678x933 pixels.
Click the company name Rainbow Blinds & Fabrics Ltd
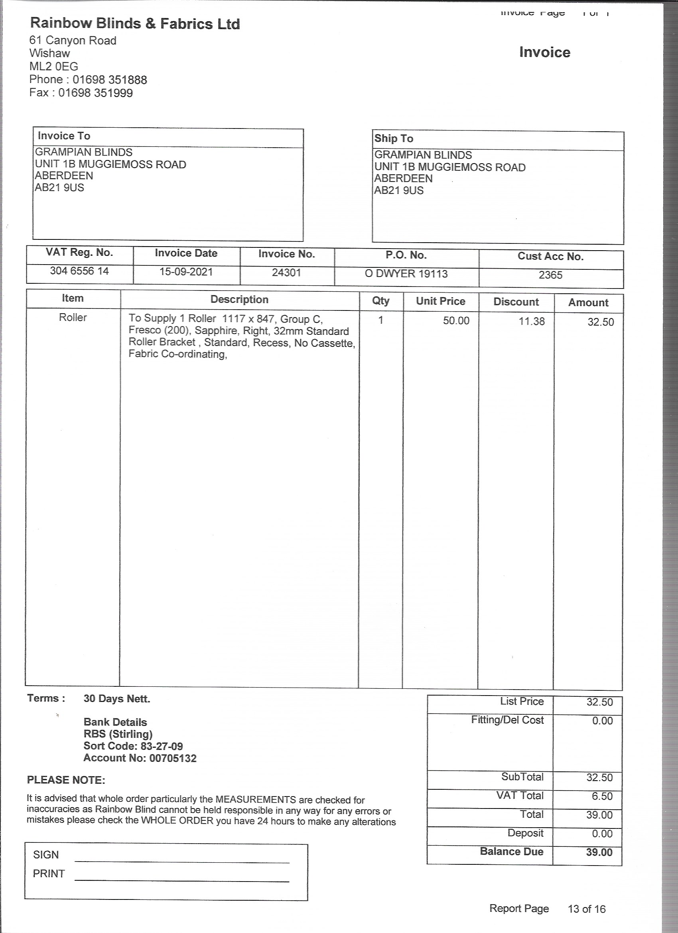tap(135, 24)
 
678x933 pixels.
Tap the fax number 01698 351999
tap(95, 93)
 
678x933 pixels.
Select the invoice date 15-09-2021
tap(186, 272)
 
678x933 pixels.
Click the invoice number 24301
tap(287, 273)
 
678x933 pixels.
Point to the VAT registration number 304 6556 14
tap(79, 271)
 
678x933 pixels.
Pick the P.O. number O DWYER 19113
tap(406, 274)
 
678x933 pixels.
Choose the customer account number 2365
tap(550, 275)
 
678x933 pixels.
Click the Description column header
tap(239, 299)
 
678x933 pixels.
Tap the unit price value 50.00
tap(456, 321)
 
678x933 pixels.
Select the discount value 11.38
tap(531, 321)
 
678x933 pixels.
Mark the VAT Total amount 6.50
tap(602, 796)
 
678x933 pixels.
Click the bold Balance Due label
tap(511, 852)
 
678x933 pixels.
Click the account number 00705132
tap(173, 758)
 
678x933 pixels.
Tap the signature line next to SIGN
tap(182, 861)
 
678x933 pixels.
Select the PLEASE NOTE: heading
tap(66, 780)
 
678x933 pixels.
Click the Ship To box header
tap(394, 138)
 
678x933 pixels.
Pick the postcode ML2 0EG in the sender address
tap(53, 66)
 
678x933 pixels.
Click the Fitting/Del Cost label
tap(507, 720)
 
